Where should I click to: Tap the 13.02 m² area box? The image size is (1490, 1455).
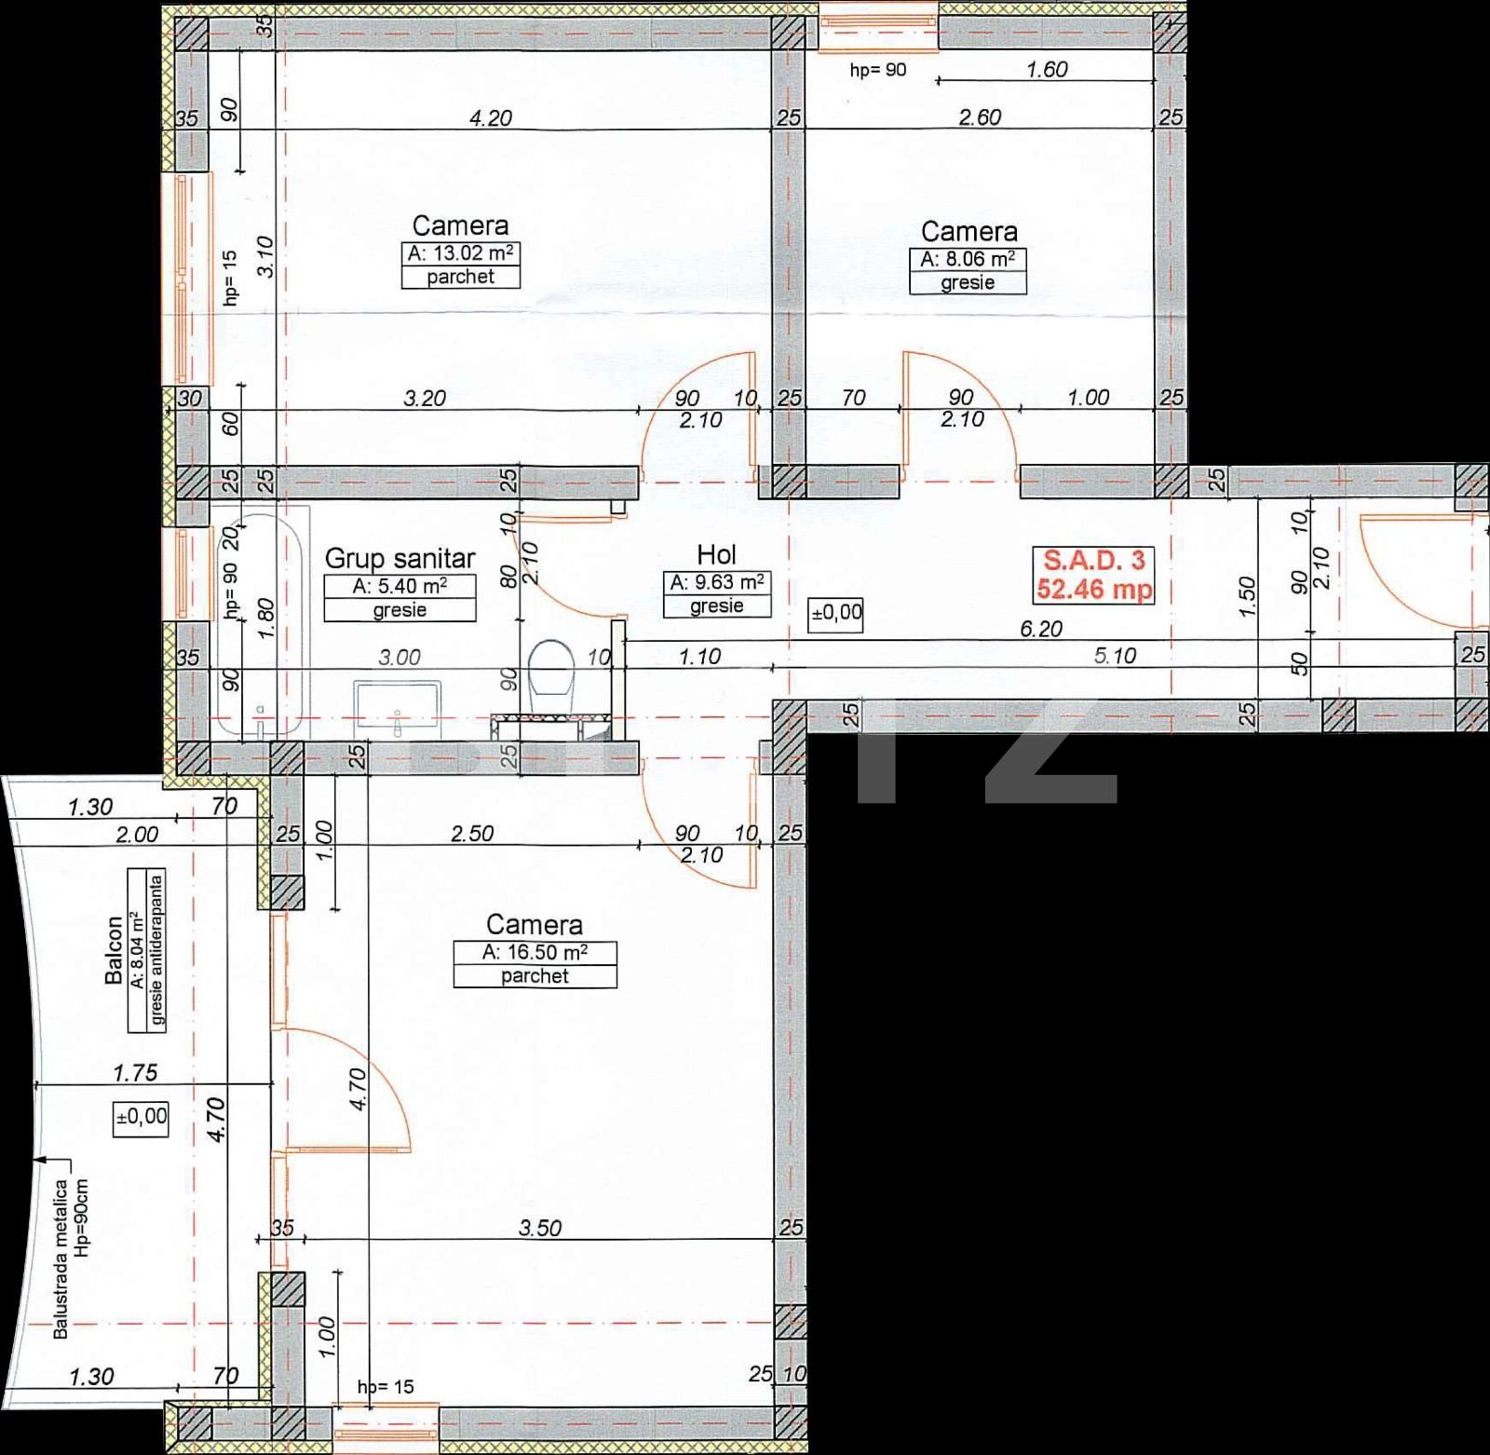pyautogui.click(x=460, y=254)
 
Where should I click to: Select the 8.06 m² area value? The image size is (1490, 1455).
pyautogui.click(x=968, y=260)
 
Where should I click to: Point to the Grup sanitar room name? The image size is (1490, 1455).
pyautogui.click(x=400, y=559)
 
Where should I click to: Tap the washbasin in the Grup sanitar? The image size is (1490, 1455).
pyautogui.click(x=398, y=704)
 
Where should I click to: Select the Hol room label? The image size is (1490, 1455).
pyautogui.click(x=716, y=556)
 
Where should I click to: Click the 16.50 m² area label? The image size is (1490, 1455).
pyautogui.click(x=535, y=953)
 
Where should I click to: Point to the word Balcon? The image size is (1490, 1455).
pyautogui.click(x=114, y=950)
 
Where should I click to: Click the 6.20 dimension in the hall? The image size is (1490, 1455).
pyautogui.click(x=1040, y=629)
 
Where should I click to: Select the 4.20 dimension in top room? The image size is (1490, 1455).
pyautogui.click(x=491, y=118)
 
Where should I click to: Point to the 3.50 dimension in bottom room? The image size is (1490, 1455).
pyautogui.click(x=540, y=1228)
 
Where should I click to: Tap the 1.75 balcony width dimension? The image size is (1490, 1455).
pyautogui.click(x=135, y=1073)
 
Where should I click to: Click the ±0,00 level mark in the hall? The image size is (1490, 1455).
pyautogui.click(x=836, y=614)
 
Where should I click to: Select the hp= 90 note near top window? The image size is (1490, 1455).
pyautogui.click(x=877, y=70)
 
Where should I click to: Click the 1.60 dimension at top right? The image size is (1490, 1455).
pyautogui.click(x=1046, y=70)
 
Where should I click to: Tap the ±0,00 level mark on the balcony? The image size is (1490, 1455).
pyautogui.click(x=142, y=1115)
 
